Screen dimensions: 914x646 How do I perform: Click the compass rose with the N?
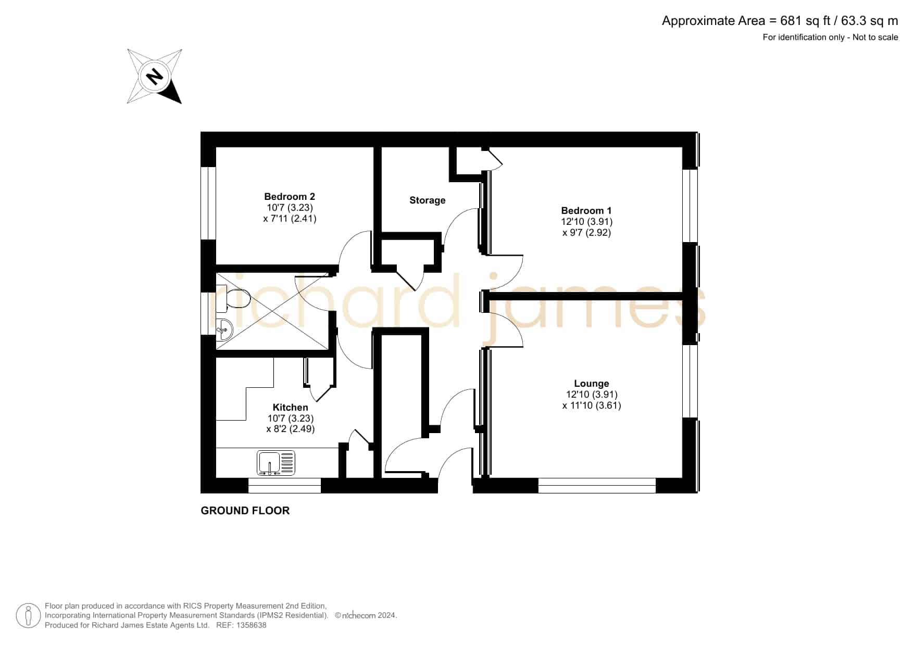[x=155, y=77]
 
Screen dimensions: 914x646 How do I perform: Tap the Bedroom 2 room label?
[x=290, y=197]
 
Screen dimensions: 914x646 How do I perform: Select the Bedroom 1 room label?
[x=586, y=211]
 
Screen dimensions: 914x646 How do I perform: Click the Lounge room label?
[x=592, y=384]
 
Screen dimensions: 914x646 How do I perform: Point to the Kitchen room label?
[x=291, y=408]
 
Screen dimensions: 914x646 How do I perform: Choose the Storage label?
[x=428, y=200]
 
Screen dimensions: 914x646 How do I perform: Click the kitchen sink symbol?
[x=276, y=463]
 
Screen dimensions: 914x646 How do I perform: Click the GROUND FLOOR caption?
[x=245, y=511]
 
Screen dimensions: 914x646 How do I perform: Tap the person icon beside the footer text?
[x=28, y=616]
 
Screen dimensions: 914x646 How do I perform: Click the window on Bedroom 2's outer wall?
[x=208, y=203]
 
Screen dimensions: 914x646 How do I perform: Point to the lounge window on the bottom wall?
[x=597, y=486]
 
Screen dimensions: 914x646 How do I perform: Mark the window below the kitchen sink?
[x=285, y=486]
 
